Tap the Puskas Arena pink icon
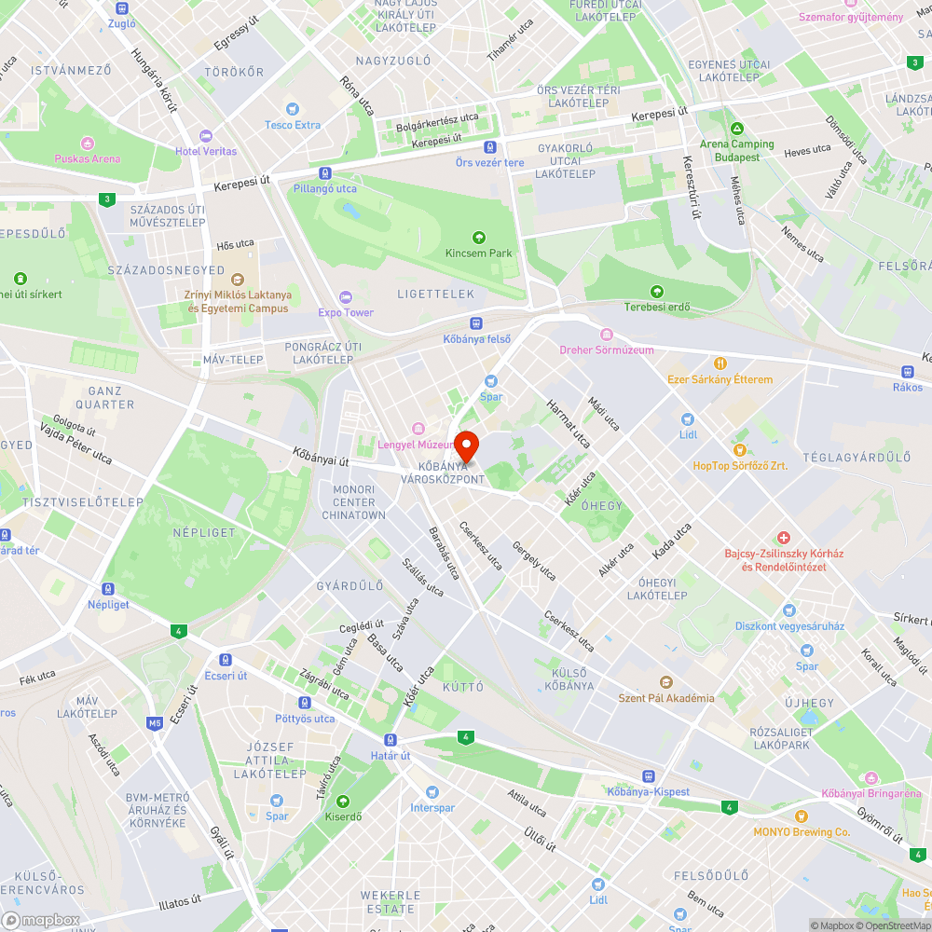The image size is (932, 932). (88, 143)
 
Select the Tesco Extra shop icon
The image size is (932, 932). (293, 109)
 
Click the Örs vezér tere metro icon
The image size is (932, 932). (489, 147)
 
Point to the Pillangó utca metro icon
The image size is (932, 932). (324, 173)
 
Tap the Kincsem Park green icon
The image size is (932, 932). (479, 238)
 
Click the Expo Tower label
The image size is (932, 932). (346, 312)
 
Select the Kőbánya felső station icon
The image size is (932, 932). (476, 322)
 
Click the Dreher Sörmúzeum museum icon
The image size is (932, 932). (607, 335)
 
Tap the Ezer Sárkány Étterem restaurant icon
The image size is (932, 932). (720, 363)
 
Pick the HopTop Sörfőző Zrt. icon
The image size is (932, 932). (740, 449)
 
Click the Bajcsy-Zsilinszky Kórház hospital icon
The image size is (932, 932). (784, 538)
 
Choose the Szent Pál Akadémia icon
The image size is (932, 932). (665, 682)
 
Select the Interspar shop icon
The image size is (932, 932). (432, 791)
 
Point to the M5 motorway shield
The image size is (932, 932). (155, 722)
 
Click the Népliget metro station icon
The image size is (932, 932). (108, 589)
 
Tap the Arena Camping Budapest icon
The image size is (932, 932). (737, 129)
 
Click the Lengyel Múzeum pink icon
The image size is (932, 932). (418, 429)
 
